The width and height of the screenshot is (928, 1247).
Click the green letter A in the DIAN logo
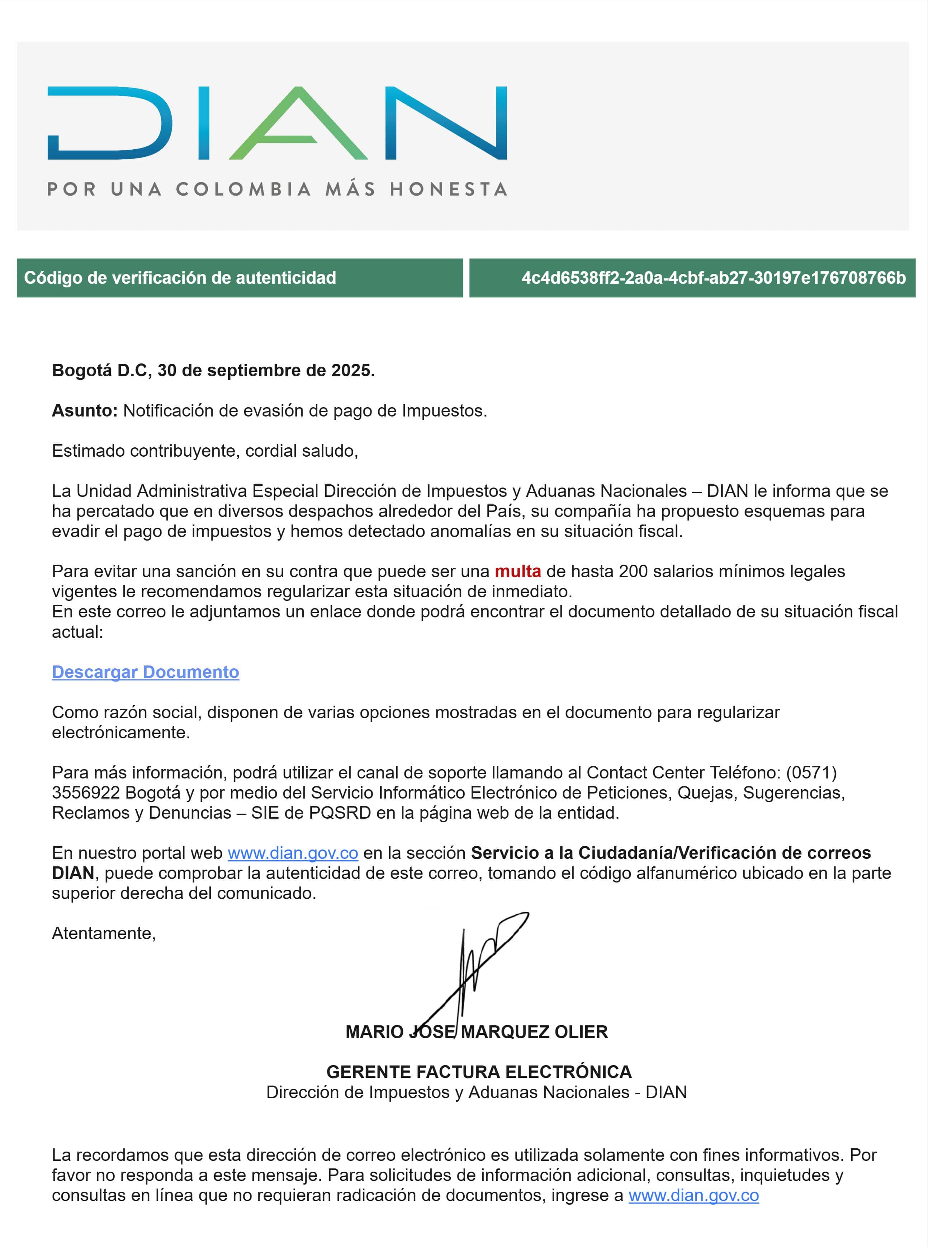(x=298, y=124)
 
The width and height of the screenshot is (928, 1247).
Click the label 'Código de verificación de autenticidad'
(x=180, y=278)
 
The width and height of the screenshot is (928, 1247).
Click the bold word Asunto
(x=84, y=411)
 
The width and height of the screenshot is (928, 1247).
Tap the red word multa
(x=517, y=571)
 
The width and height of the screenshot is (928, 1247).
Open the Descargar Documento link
(x=146, y=672)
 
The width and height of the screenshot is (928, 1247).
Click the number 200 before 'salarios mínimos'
(x=634, y=571)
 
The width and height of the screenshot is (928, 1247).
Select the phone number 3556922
(x=86, y=793)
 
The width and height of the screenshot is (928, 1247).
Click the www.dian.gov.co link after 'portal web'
(x=293, y=853)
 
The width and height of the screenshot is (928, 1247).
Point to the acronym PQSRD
(x=340, y=813)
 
